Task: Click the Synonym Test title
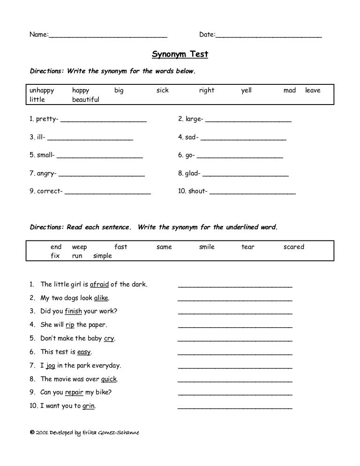point(180,55)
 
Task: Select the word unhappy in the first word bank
point(42,90)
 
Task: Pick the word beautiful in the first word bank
point(86,100)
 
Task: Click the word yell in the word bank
point(246,90)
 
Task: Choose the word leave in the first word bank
point(313,90)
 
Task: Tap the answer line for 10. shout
point(252,192)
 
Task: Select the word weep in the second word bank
point(80,247)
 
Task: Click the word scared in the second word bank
point(294,247)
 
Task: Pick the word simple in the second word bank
point(103,256)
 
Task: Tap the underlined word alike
point(101,298)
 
